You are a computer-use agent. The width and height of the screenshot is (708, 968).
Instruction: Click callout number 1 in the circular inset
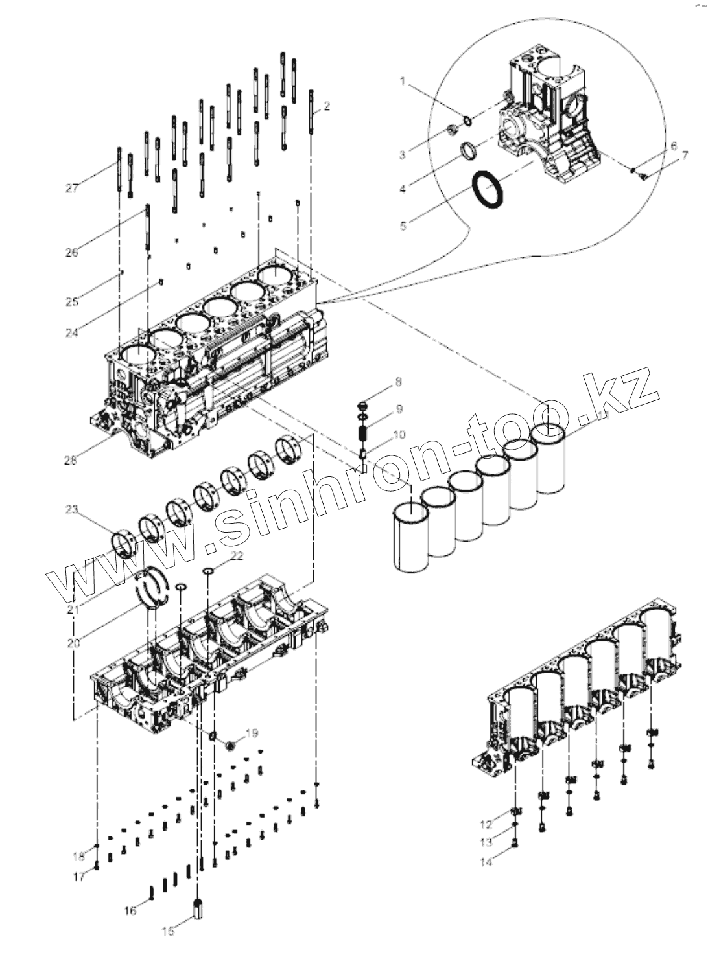[x=403, y=82]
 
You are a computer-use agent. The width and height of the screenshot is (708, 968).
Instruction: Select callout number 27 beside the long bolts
[x=72, y=189]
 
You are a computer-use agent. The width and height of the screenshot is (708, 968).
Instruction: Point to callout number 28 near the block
[x=71, y=460]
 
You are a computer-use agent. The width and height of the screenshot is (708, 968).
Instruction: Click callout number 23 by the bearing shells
[x=71, y=510]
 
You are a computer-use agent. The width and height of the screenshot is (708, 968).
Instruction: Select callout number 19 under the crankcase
[x=252, y=733]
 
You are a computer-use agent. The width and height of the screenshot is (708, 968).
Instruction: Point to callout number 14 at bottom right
[x=486, y=862]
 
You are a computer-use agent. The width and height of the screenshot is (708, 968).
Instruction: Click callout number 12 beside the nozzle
[x=486, y=825]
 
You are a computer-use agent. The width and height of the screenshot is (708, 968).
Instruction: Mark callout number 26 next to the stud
[x=72, y=253]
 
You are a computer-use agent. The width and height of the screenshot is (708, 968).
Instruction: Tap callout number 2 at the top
[x=327, y=106]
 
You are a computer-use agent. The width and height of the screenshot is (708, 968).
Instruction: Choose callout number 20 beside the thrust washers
[x=72, y=643]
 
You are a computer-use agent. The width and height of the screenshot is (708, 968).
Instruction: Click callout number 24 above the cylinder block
[x=72, y=333]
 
